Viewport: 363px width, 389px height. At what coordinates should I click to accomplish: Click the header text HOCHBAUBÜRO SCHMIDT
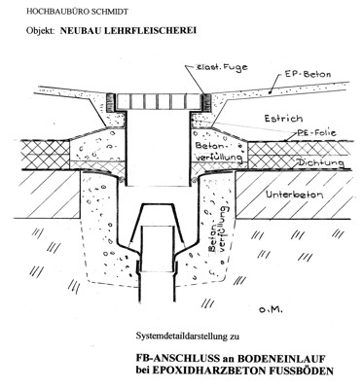point(77,12)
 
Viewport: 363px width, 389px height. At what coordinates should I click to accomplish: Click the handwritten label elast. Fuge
point(222,67)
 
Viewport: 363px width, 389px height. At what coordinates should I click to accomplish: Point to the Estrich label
point(283,119)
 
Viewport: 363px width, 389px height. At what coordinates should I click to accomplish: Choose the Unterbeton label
point(294,194)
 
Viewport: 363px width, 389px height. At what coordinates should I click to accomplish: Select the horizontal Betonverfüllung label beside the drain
point(219,151)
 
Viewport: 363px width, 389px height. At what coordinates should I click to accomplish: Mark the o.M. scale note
point(271,310)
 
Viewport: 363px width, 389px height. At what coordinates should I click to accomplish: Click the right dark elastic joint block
point(206,102)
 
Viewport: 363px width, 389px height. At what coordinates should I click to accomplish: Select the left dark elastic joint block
point(111,102)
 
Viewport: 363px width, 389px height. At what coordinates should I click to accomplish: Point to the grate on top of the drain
point(158,101)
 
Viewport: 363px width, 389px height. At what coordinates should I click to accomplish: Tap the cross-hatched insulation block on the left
point(45,155)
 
